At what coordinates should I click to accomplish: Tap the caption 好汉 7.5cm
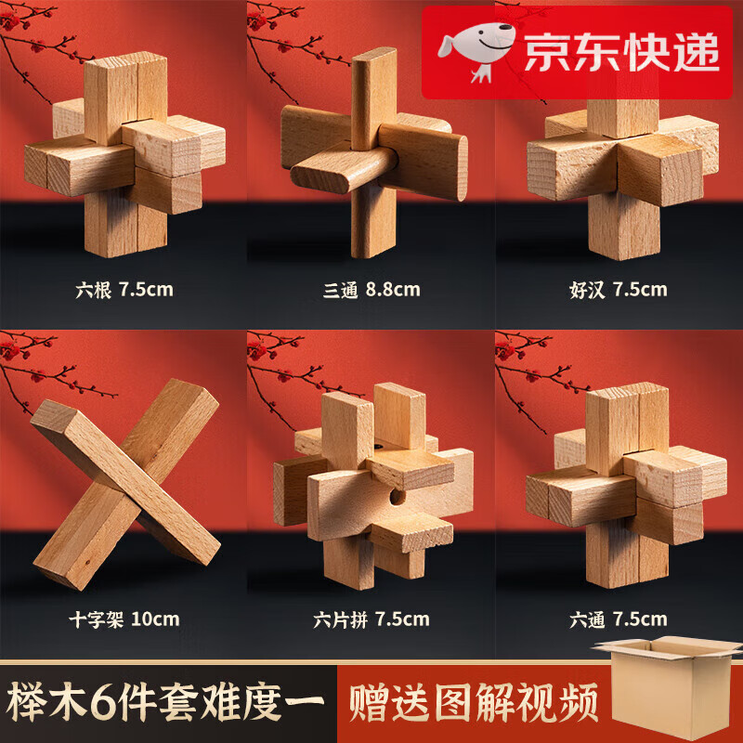(x=619, y=289)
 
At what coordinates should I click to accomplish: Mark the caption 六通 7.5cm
(x=619, y=618)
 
